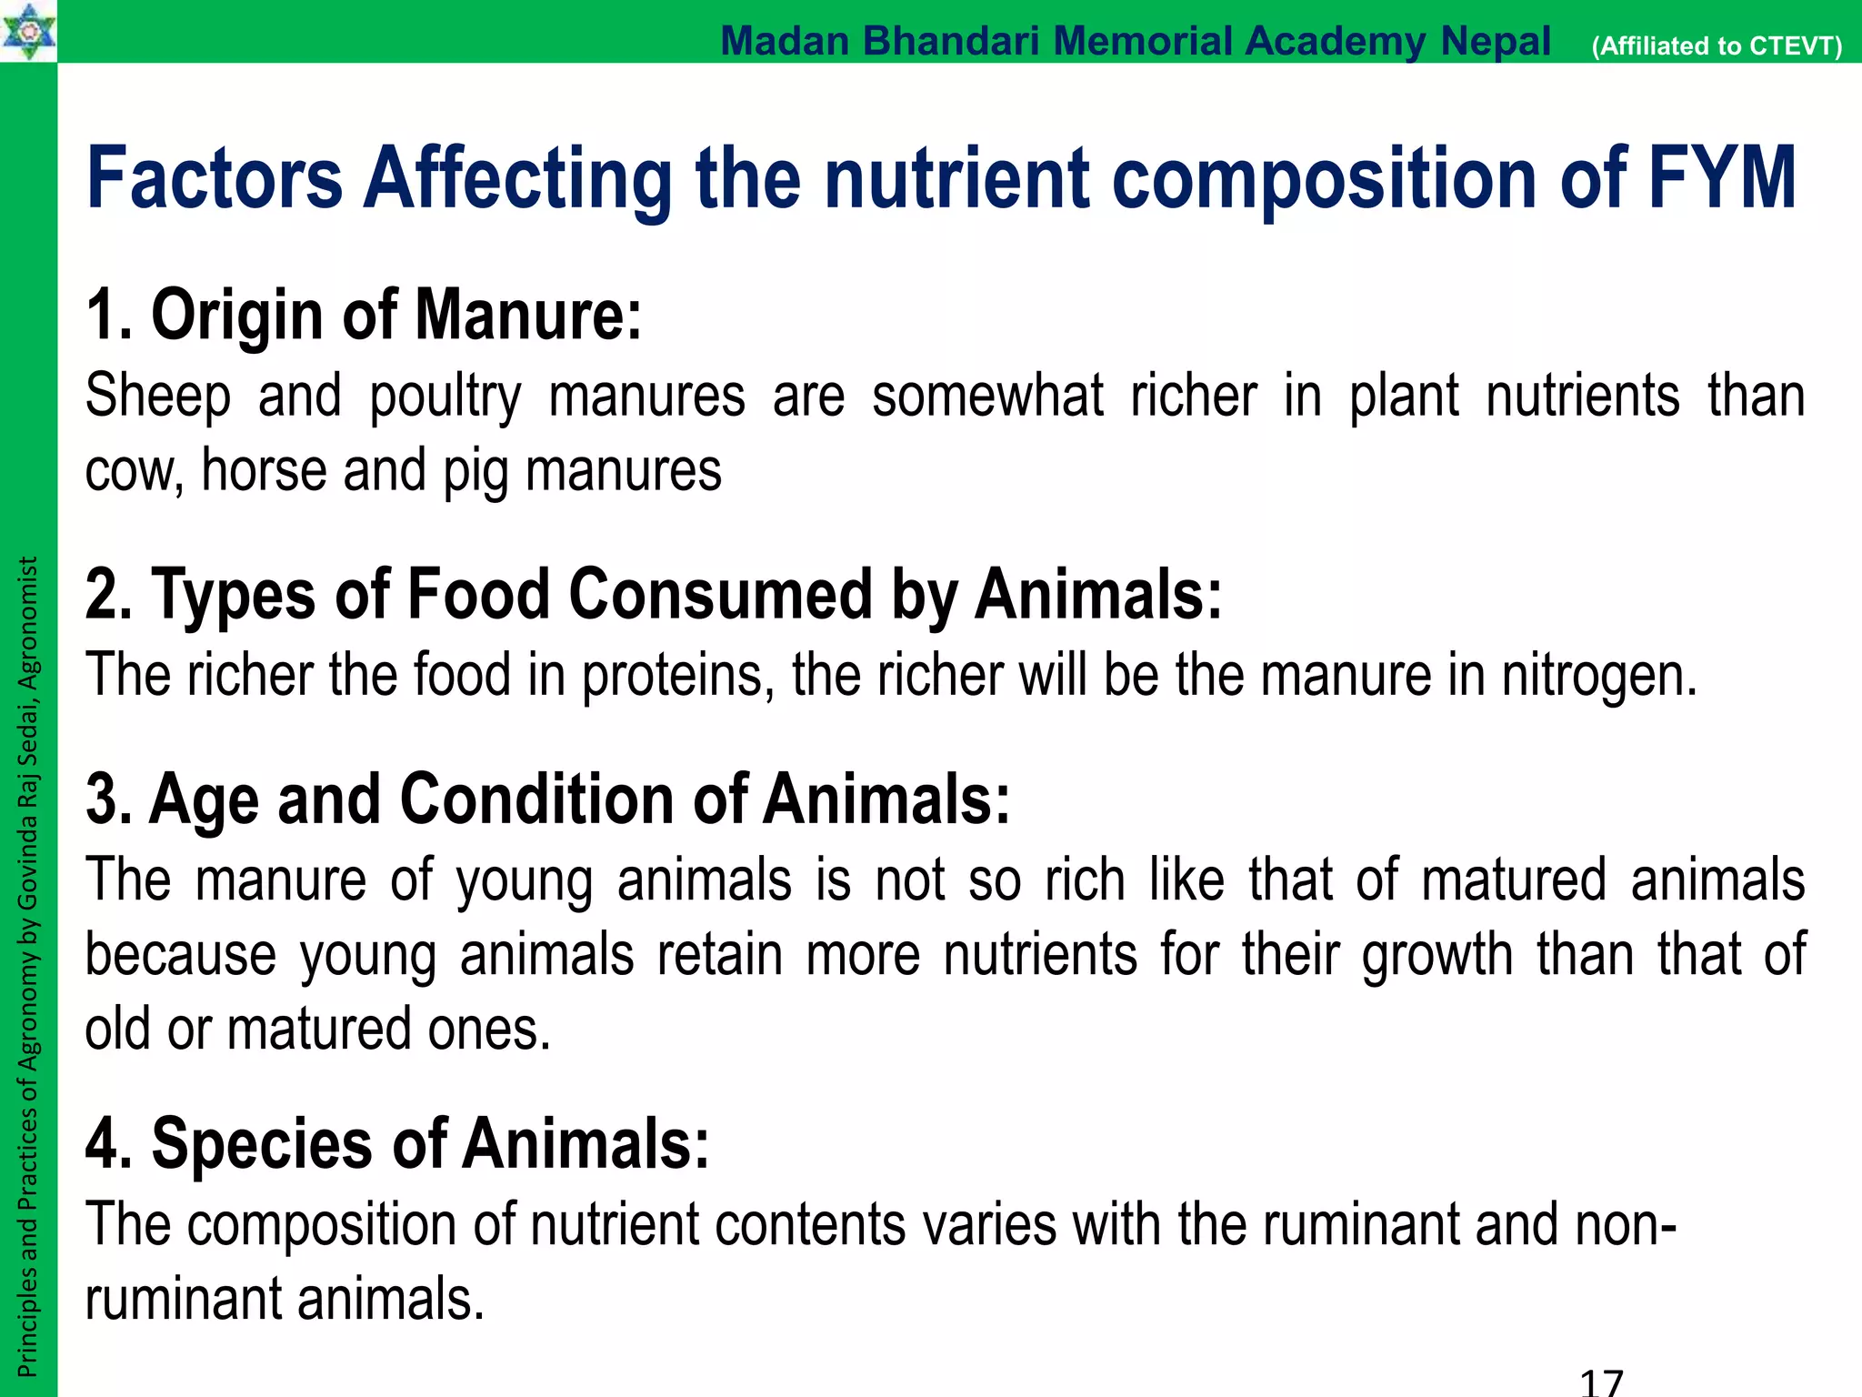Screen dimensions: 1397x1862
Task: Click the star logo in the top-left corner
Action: [x=28, y=31]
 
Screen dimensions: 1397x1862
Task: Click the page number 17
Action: [x=1601, y=1382]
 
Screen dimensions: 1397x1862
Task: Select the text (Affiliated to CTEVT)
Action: [x=1717, y=46]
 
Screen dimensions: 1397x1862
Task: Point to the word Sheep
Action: [x=158, y=397]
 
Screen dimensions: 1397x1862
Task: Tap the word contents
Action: [x=810, y=1224]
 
